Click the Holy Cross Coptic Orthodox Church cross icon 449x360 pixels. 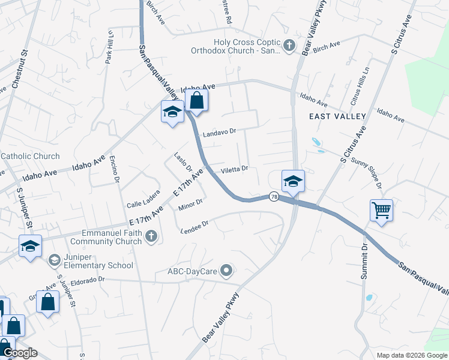289,46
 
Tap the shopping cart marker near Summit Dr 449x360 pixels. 381,211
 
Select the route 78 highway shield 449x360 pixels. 274,196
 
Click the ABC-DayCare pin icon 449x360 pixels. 226,271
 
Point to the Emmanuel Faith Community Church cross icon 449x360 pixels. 151,237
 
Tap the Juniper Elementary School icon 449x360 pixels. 54,259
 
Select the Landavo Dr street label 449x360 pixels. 220,133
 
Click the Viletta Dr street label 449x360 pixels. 235,170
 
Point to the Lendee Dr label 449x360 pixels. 194,226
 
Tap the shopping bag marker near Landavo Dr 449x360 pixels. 196,100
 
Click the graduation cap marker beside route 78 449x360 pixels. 293,181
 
